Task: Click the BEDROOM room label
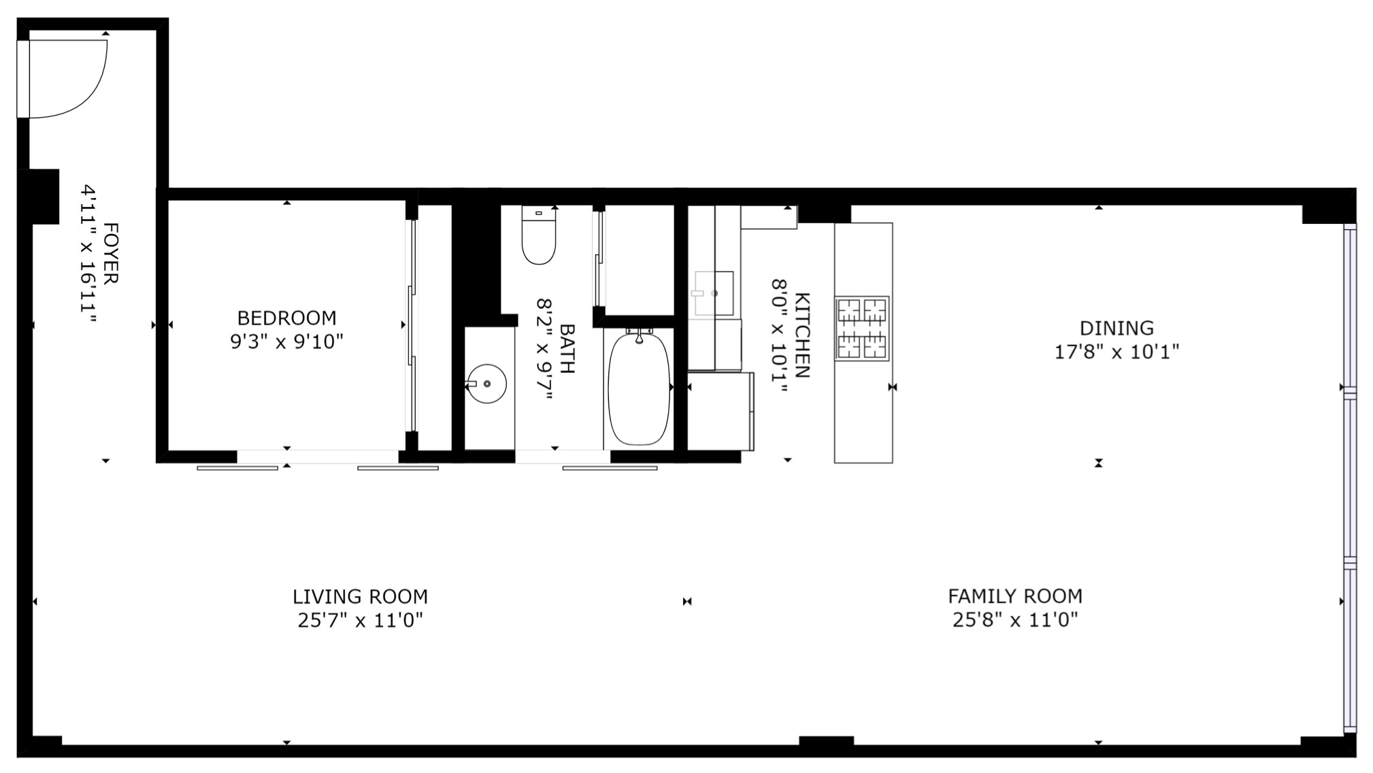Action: tap(286, 318)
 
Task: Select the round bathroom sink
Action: tap(487, 384)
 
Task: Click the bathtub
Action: tap(639, 388)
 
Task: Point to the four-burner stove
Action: tap(862, 328)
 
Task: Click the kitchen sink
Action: tap(714, 293)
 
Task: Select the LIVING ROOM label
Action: tap(361, 597)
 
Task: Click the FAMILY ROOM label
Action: tap(1015, 596)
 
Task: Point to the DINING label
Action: tap(1116, 328)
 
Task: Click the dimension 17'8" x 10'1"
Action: tap(1116, 352)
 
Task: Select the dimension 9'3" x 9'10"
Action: tap(286, 342)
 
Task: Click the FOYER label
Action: tap(110, 253)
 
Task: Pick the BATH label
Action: tap(567, 348)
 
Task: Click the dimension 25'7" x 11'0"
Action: tap(361, 621)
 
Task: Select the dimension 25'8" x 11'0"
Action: tap(1015, 620)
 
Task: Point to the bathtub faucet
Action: tap(639, 334)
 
